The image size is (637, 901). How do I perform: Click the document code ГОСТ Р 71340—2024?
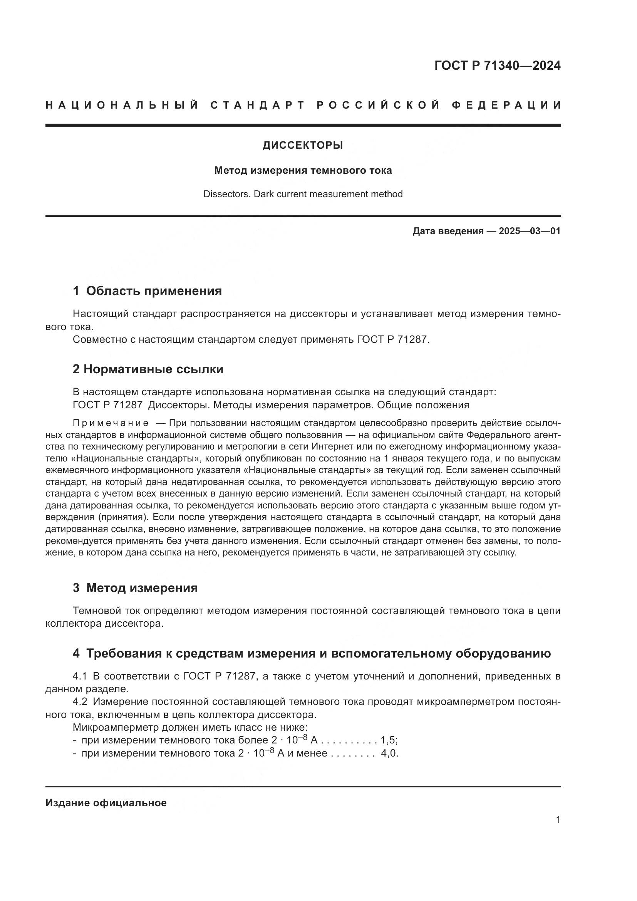pyautogui.click(x=497, y=65)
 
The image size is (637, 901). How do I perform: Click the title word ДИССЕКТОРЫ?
pyautogui.click(x=303, y=146)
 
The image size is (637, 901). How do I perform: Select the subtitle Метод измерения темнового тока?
pyautogui.click(x=303, y=170)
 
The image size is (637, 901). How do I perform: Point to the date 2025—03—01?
pyautogui.click(x=530, y=231)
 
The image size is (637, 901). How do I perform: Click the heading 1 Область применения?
pyautogui.click(x=147, y=291)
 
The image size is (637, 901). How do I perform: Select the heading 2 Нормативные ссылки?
pyautogui.click(x=148, y=369)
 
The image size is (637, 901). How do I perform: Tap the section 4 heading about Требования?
pyautogui.click(x=312, y=653)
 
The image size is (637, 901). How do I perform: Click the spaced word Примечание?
pyautogui.click(x=111, y=423)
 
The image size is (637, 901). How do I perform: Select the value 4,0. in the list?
pyautogui.click(x=389, y=753)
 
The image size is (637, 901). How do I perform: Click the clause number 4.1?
pyautogui.click(x=79, y=676)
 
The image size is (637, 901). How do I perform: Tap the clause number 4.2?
pyautogui.click(x=79, y=701)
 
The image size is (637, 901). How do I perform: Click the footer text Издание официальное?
pyautogui.click(x=106, y=803)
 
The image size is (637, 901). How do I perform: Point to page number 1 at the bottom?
pyautogui.click(x=558, y=819)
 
